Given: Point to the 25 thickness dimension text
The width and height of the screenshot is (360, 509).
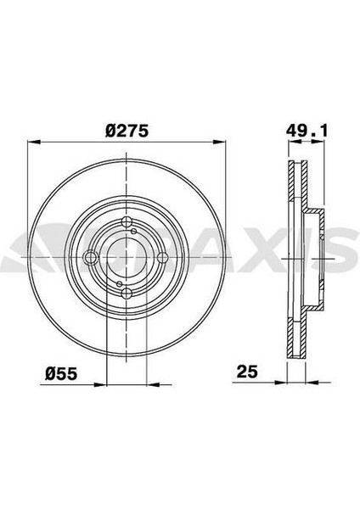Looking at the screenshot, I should point(247,371).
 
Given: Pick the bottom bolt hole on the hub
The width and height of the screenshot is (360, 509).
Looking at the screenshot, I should point(126,294).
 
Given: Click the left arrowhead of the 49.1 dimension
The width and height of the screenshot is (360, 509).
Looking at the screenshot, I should point(287,143).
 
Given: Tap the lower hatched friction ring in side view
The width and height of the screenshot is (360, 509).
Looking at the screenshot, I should point(296,331).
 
